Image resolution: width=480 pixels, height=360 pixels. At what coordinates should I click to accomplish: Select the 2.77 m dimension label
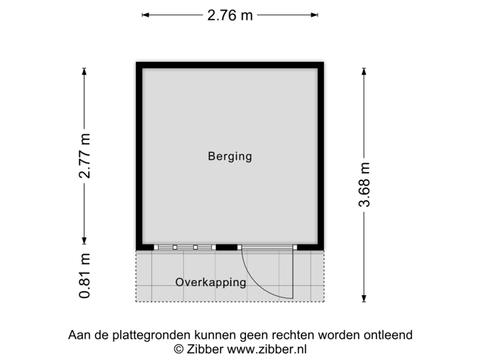[x=85, y=157]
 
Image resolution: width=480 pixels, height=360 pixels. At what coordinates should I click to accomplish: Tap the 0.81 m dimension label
[x=85, y=275]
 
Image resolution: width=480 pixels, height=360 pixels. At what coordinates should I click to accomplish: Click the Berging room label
[x=229, y=157]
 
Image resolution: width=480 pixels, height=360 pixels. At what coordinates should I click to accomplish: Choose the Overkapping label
[x=211, y=282]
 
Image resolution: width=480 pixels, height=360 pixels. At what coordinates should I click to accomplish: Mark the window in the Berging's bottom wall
[x=185, y=247]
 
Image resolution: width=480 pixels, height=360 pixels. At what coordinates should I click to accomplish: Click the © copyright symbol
[x=177, y=348]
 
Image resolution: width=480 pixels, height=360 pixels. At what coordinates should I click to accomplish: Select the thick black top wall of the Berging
[x=231, y=62]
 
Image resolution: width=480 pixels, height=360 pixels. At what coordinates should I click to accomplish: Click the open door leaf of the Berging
[x=293, y=273]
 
